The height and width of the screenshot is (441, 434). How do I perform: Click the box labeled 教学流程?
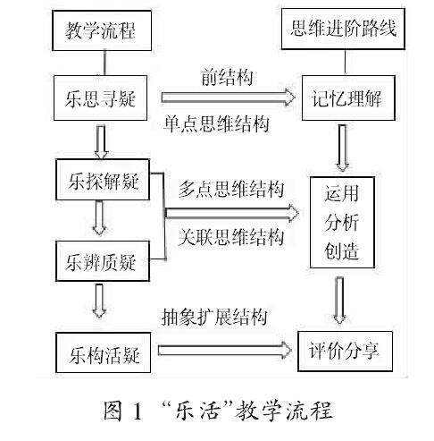pos(102,30)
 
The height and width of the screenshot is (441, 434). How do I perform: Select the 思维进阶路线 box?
pos(343,29)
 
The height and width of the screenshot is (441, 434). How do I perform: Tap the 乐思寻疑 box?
pos(100,98)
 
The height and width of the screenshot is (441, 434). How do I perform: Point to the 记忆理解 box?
pos(348,98)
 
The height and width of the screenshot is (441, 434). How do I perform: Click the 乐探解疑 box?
pos(103,180)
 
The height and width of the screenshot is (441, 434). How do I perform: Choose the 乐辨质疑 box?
pos(103,261)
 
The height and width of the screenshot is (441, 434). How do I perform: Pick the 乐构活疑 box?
pos(104,352)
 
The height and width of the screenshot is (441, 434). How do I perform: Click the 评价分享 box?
pos(346,352)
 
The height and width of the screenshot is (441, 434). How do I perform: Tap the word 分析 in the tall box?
pos(342,222)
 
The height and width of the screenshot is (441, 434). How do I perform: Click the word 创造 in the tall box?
pos(342,250)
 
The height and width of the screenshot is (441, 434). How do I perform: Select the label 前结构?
pos(227,78)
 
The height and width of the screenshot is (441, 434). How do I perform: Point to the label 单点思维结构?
pos(216,123)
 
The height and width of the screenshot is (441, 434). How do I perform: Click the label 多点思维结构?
pos(231,189)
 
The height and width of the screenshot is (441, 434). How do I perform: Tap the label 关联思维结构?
pos(231,237)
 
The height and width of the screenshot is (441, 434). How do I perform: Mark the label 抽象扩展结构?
pos(214,317)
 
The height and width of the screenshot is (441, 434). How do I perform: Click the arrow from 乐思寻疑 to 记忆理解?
pos(229,98)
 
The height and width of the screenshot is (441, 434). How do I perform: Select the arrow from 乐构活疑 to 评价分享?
pos(225,350)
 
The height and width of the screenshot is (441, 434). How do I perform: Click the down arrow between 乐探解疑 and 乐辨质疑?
pos(99,217)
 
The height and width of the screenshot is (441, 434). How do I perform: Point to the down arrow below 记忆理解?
pos(343,148)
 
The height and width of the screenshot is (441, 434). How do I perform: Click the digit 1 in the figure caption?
pos(138,411)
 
